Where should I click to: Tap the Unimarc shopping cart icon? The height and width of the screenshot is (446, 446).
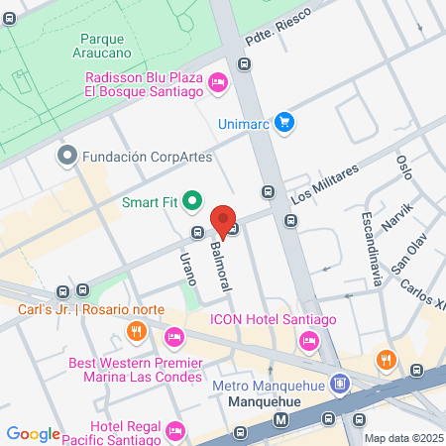[284, 122]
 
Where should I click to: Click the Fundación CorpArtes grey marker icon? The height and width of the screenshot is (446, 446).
[67, 156]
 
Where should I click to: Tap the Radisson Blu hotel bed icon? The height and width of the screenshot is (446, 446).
[219, 84]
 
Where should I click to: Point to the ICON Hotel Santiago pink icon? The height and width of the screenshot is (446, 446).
[307, 341]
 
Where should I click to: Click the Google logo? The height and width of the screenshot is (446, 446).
[34, 433]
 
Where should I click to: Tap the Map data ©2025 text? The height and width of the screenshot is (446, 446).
[403, 438]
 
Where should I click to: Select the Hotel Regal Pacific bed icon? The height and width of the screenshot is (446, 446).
[175, 429]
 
